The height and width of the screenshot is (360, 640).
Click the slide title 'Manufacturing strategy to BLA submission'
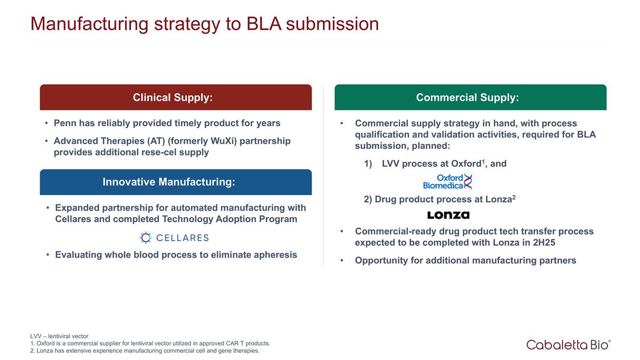click(204, 24)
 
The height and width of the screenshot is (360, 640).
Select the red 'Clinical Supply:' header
click(175, 98)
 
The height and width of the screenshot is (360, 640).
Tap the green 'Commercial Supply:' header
click(470, 98)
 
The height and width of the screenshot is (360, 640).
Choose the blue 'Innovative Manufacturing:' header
click(175, 182)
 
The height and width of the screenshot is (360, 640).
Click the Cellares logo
click(174, 237)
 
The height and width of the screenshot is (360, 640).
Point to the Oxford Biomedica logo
click(447, 182)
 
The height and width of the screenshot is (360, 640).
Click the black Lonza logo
click(448, 215)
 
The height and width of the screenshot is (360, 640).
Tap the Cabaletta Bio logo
click(568, 345)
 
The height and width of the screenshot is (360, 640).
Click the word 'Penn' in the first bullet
click(65, 123)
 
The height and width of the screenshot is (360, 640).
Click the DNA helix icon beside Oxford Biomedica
click(468, 182)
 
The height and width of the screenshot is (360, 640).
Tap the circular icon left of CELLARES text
click(146, 237)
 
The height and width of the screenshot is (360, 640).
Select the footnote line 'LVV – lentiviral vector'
click(59, 336)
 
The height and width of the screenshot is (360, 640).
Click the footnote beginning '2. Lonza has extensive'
click(145, 350)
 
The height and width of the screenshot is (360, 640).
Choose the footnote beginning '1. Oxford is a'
click(150, 343)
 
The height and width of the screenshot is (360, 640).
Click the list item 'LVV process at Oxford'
click(435, 164)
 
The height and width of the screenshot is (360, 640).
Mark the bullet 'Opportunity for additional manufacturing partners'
click(465, 261)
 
